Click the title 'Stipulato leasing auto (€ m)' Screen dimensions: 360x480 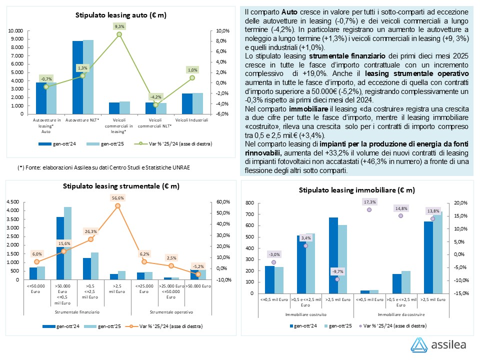(x=121, y=15)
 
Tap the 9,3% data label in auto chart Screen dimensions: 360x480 (x=119, y=25)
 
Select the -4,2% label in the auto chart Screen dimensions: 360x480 (x=156, y=96)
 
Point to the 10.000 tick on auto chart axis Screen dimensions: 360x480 (x=16, y=31)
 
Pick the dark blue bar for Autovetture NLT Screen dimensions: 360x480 (x=77, y=77)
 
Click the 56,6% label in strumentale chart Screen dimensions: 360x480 (x=118, y=197)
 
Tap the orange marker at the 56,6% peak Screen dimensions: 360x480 (x=118, y=205)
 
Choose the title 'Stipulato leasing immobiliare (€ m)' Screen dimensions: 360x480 (x=356, y=190)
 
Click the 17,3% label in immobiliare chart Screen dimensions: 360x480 (x=370, y=201)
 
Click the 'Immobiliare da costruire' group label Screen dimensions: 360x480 (x=401, y=314)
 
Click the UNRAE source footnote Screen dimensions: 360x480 (x=104, y=166)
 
